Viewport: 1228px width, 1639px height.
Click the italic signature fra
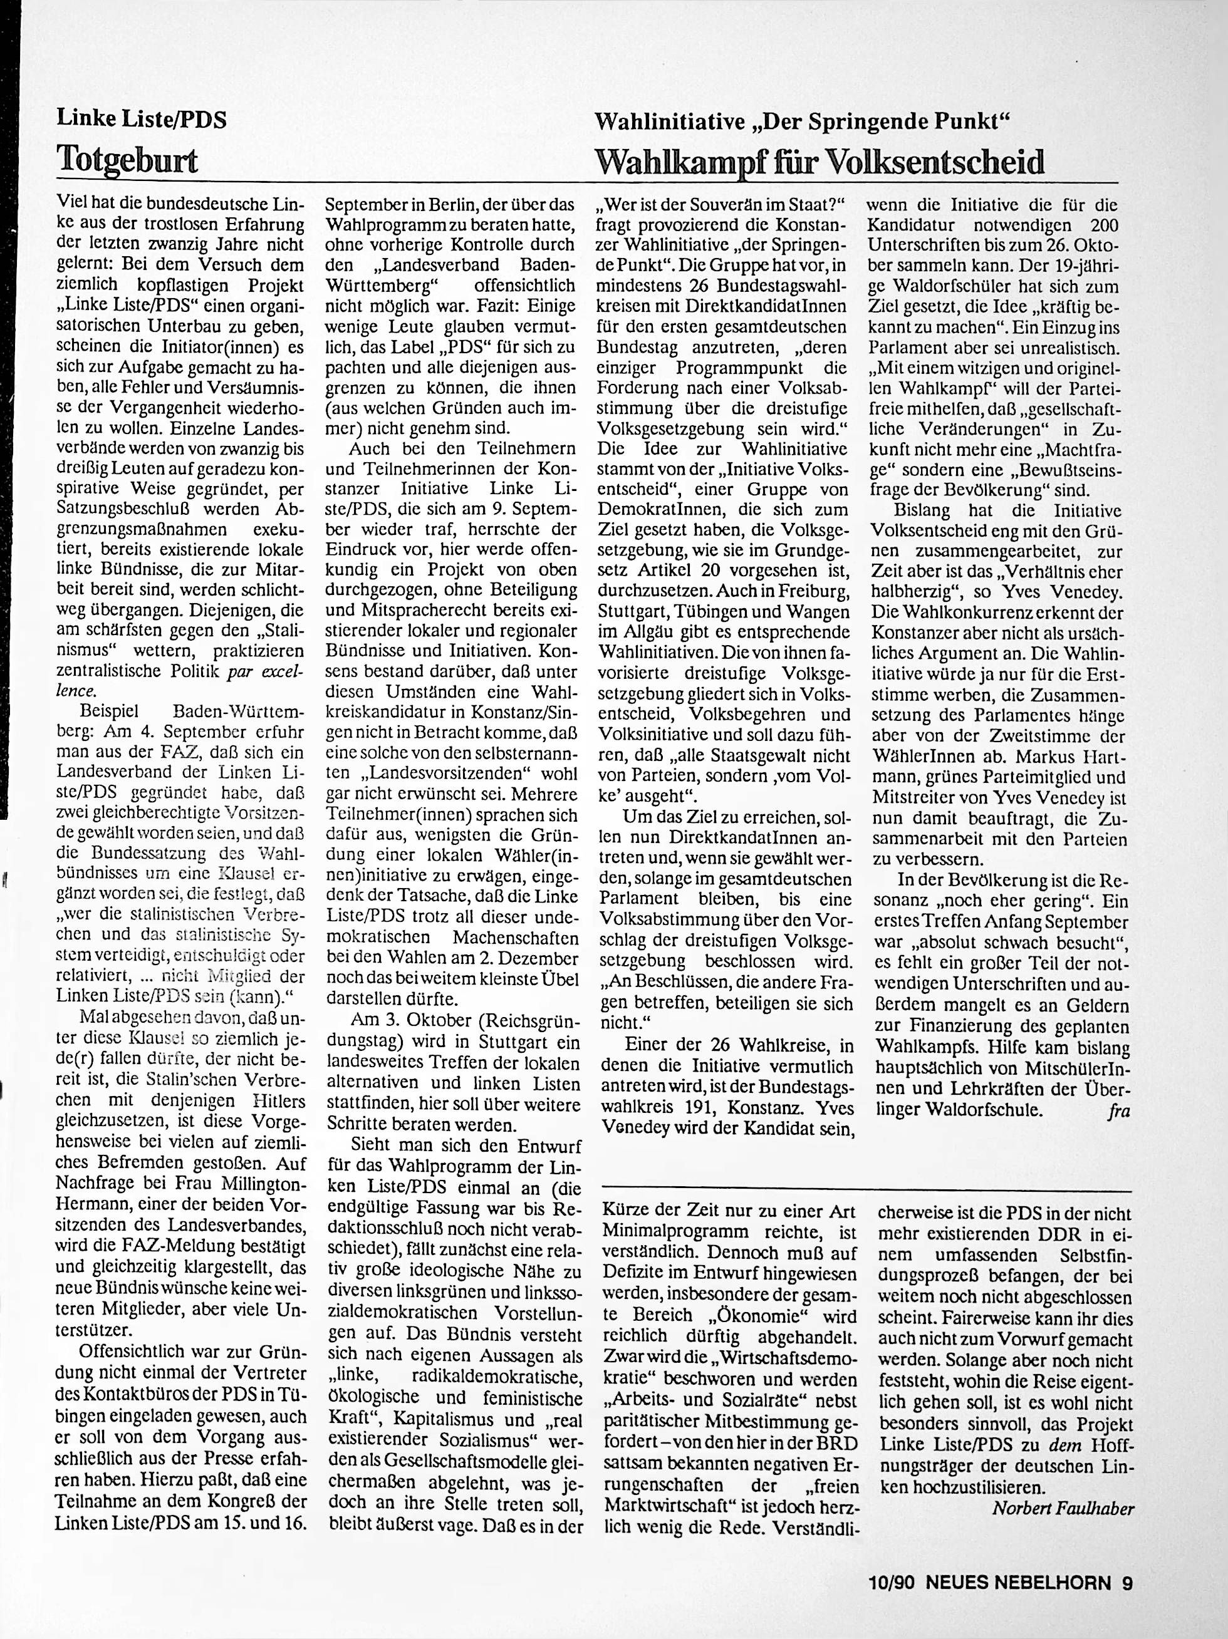[x=1118, y=1110]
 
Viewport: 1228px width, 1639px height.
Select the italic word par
[x=244, y=671]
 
